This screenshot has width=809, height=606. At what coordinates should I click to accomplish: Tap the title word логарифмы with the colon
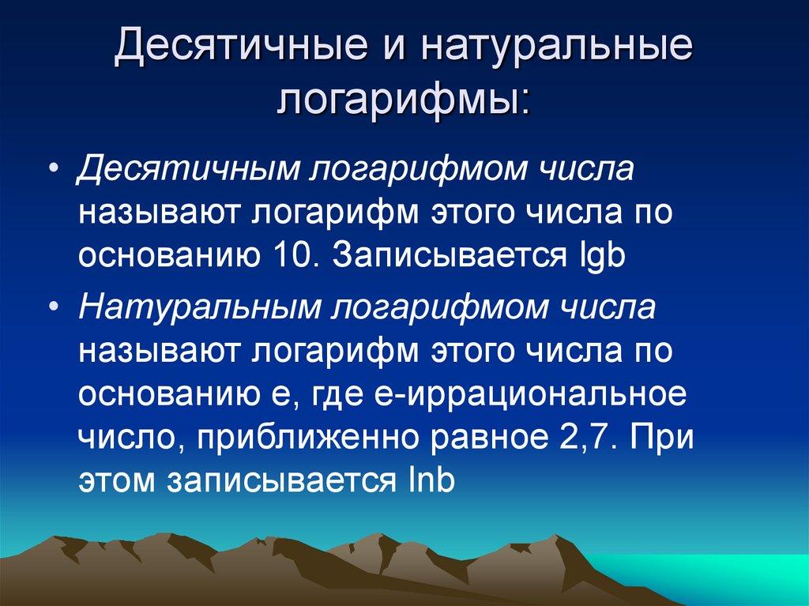tap(404, 100)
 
